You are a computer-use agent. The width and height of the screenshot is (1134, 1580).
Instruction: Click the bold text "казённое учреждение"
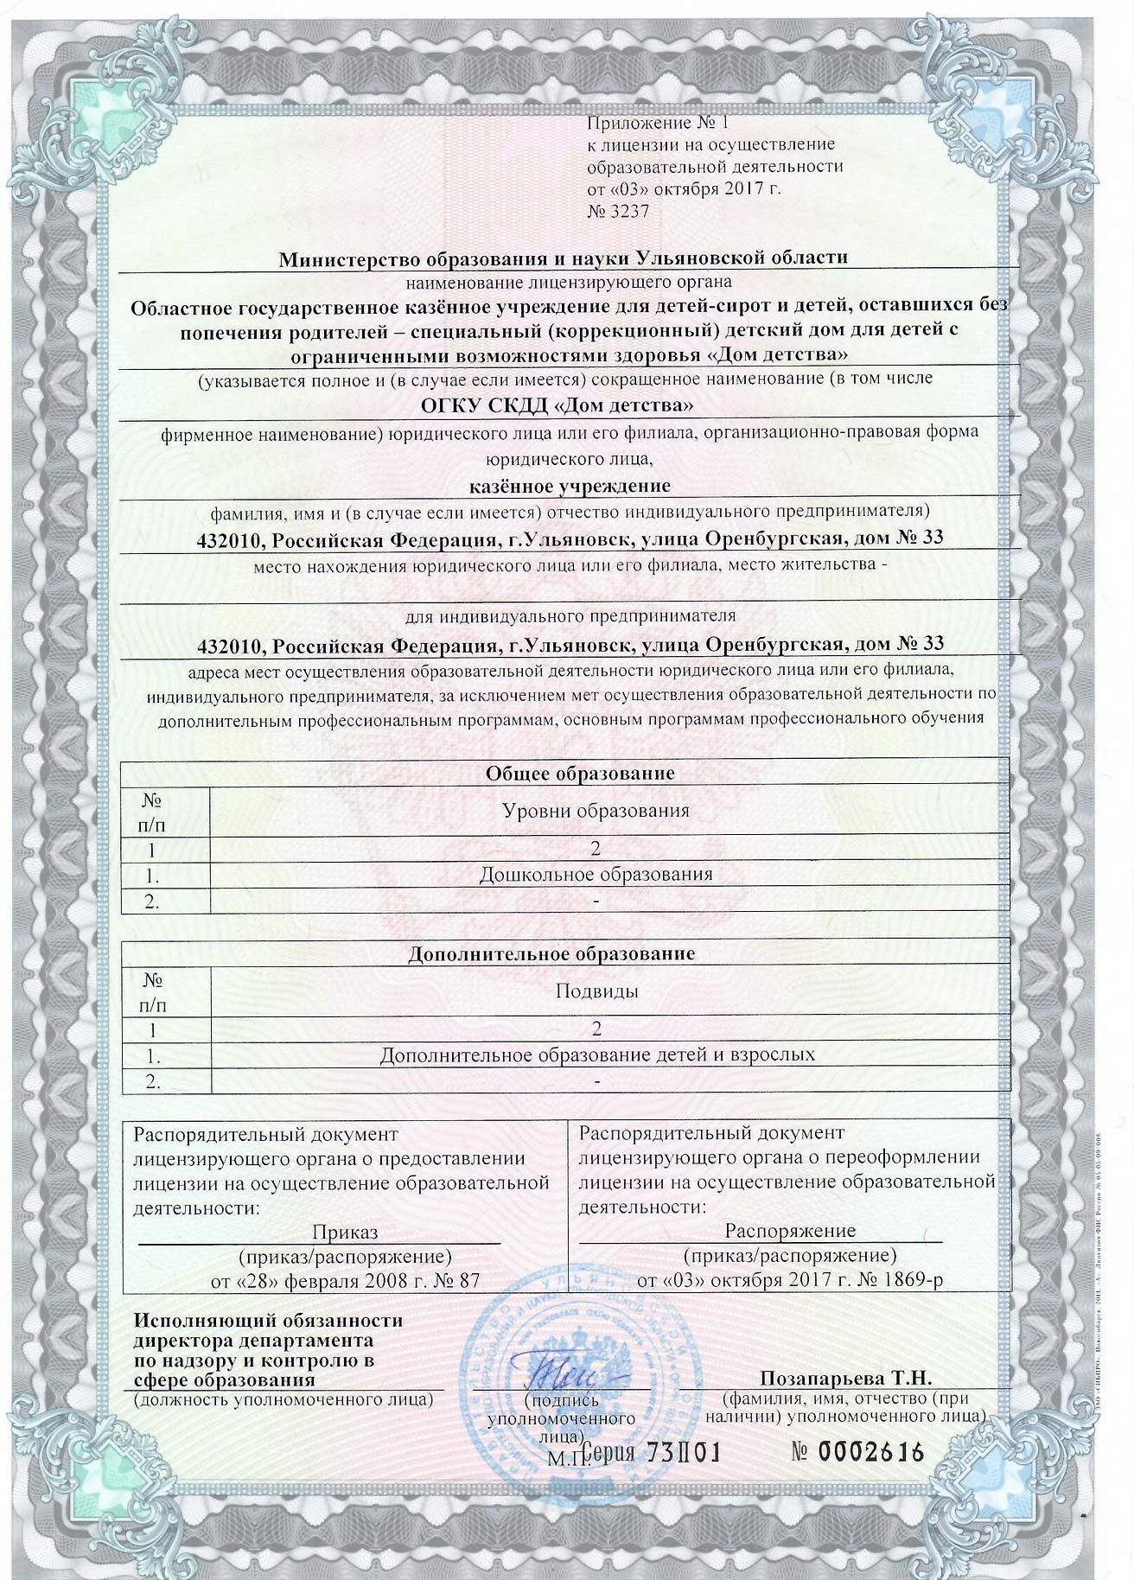(569, 486)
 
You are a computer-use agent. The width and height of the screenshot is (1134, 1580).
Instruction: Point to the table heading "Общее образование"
(569, 773)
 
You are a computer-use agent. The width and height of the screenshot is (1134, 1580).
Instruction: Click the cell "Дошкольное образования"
(596, 874)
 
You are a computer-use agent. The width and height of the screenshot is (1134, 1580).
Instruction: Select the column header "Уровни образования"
(596, 811)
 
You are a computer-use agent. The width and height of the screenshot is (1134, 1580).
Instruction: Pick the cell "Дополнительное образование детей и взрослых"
(597, 1054)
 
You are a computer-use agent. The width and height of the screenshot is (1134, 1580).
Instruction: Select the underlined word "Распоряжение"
(790, 1230)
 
